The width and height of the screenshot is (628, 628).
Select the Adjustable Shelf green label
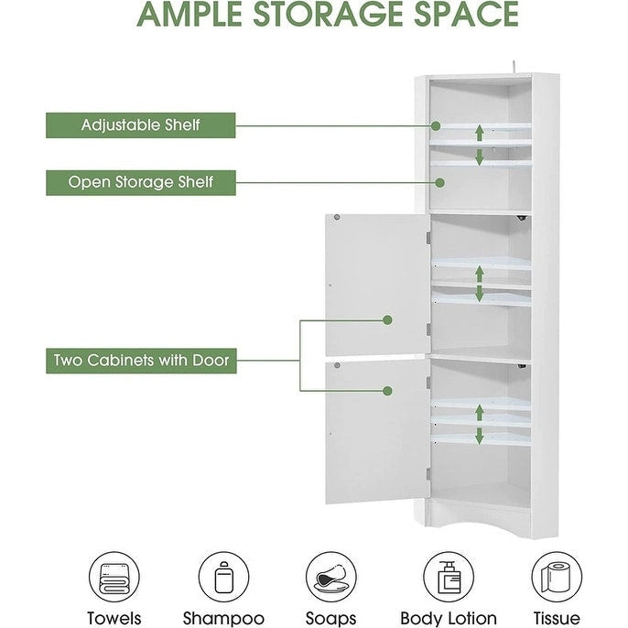(140, 125)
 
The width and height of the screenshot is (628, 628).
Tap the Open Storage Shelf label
(140, 181)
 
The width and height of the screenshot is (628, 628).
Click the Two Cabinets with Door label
(140, 361)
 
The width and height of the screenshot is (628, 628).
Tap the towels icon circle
(114, 575)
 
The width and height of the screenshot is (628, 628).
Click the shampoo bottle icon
(223, 575)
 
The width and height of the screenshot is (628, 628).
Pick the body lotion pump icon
(448, 575)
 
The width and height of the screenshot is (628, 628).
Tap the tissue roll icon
(557, 575)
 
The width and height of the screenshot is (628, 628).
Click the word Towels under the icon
(114, 618)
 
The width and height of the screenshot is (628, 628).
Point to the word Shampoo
(223, 618)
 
